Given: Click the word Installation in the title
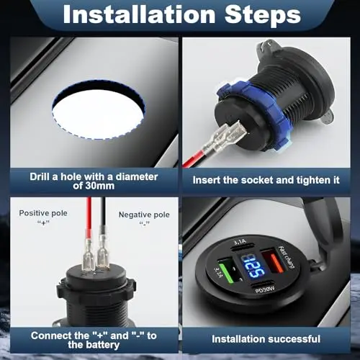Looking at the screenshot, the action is (x=139, y=14).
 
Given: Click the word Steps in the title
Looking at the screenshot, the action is (x=263, y=14).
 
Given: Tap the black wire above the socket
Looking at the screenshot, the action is (x=103, y=214).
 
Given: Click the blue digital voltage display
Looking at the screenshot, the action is (x=253, y=266).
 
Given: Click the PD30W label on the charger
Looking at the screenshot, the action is (x=265, y=289).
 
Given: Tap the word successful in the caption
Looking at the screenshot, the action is (x=293, y=339).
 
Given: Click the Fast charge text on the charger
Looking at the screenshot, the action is (x=287, y=258).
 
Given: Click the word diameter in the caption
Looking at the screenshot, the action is (x=137, y=177).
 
